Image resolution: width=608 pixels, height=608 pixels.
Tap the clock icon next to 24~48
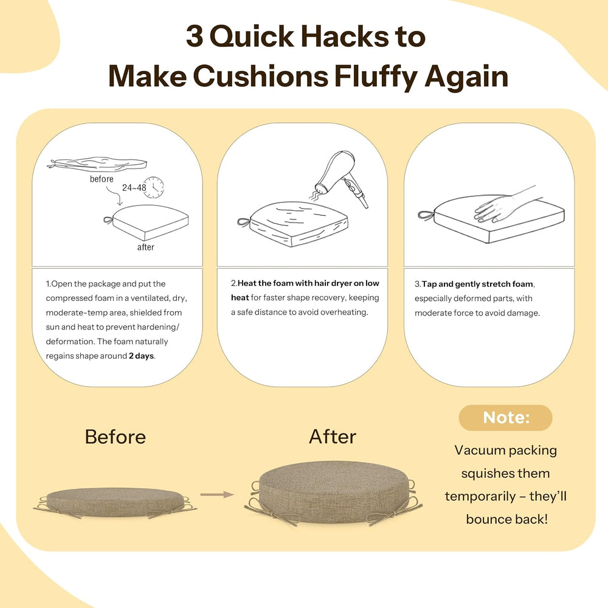point(153,187)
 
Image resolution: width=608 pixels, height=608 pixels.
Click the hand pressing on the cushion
point(504,203)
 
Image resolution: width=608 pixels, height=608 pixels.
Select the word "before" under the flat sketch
point(102,179)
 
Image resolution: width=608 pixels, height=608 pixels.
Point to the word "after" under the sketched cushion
point(146,247)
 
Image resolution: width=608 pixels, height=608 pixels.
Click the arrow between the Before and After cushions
point(217,494)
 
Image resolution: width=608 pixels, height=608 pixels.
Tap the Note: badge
point(506,418)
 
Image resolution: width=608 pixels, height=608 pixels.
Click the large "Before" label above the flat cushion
point(115,437)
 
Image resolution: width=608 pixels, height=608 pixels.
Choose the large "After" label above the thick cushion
point(333,437)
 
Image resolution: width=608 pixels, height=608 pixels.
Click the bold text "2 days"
point(141,356)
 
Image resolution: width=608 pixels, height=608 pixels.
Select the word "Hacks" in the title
point(345,36)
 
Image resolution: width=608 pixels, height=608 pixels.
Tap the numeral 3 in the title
point(195,36)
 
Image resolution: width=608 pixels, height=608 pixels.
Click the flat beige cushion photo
point(115,503)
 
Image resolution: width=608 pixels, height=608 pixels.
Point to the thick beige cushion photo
point(333,492)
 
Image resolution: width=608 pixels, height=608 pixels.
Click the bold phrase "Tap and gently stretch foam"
point(477,284)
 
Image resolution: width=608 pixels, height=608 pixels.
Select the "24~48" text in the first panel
point(134,188)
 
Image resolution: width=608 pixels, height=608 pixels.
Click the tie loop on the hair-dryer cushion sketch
point(244,223)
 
